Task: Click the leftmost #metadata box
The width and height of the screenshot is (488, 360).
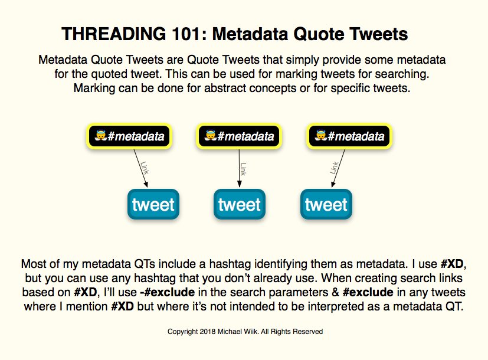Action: click(x=129, y=137)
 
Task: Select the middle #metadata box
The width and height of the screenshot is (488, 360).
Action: click(x=238, y=137)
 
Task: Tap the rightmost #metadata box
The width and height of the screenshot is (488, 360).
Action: click(x=349, y=137)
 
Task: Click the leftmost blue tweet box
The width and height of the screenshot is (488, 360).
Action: click(x=153, y=205)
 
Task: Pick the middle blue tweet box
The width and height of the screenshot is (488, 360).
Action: click(x=239, y=205)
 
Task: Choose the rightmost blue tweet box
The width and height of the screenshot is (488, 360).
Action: click(x=326, y=205)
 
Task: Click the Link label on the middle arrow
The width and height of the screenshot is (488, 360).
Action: click(x=243, y=169)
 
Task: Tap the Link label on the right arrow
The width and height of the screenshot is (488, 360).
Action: click(x=334, y=167)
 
